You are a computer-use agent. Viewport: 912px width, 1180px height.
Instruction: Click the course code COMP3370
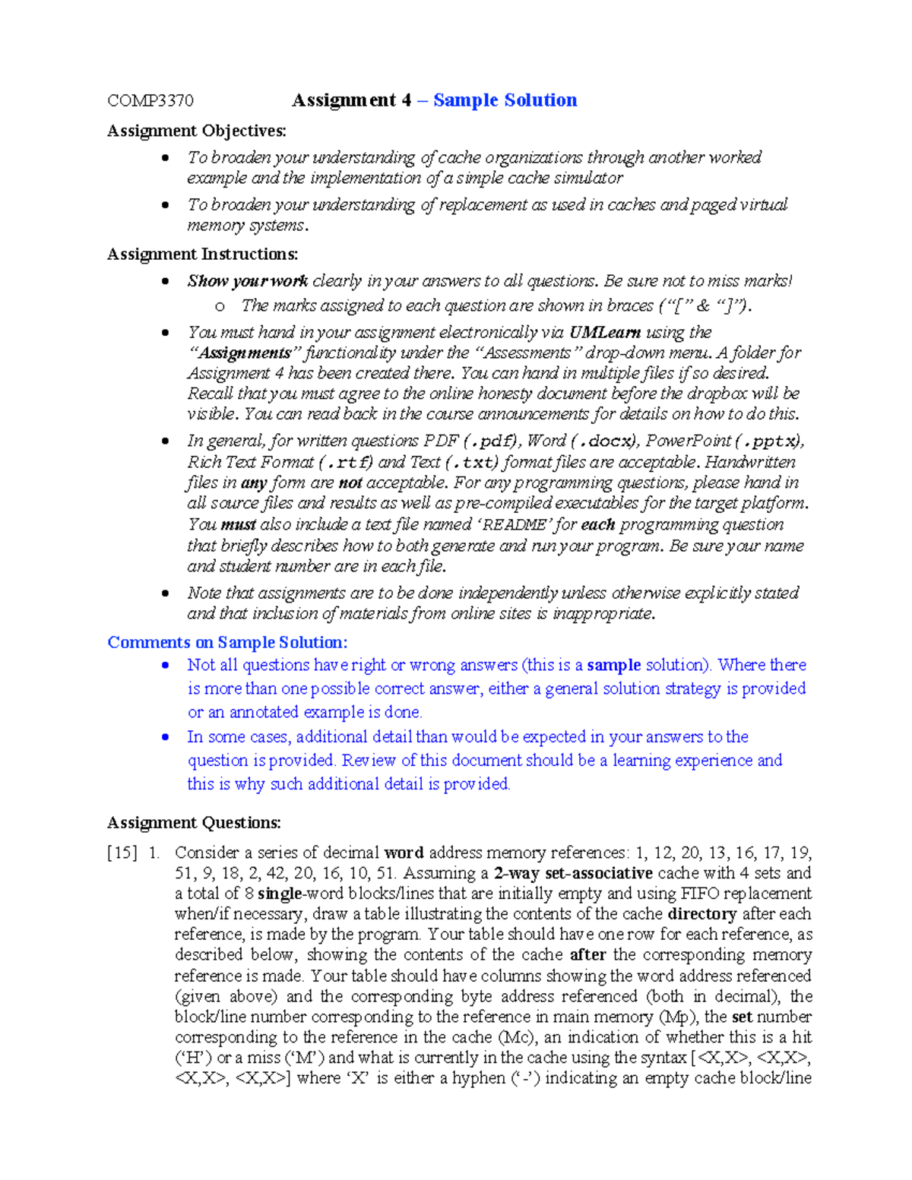(x=150, y=101)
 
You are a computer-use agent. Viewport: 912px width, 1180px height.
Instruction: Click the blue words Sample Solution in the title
(x=505, y=100)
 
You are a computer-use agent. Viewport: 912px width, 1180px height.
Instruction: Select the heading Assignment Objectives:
(x=197, y=131)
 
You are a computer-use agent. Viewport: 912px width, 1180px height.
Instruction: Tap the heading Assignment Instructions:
(x=202, y=255)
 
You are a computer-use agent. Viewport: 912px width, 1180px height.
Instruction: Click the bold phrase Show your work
(x=248, y=281)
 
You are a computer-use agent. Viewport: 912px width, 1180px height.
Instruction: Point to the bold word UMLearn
(x=605, y=333)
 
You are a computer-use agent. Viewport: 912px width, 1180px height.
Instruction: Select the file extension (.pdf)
(x=491, y=441)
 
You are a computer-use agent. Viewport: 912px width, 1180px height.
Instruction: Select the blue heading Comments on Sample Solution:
(x=227, y=643)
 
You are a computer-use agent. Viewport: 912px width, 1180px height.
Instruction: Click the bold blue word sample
(x=614, y=666)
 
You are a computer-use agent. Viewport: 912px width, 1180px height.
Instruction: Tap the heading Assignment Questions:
(x=194, y=823)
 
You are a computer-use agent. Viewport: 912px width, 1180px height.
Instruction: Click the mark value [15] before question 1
(x=122, y=853)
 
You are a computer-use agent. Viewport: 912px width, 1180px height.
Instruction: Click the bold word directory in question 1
(x=701, y=914)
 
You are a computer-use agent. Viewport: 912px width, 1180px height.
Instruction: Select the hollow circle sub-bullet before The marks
(x=220, y=307)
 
